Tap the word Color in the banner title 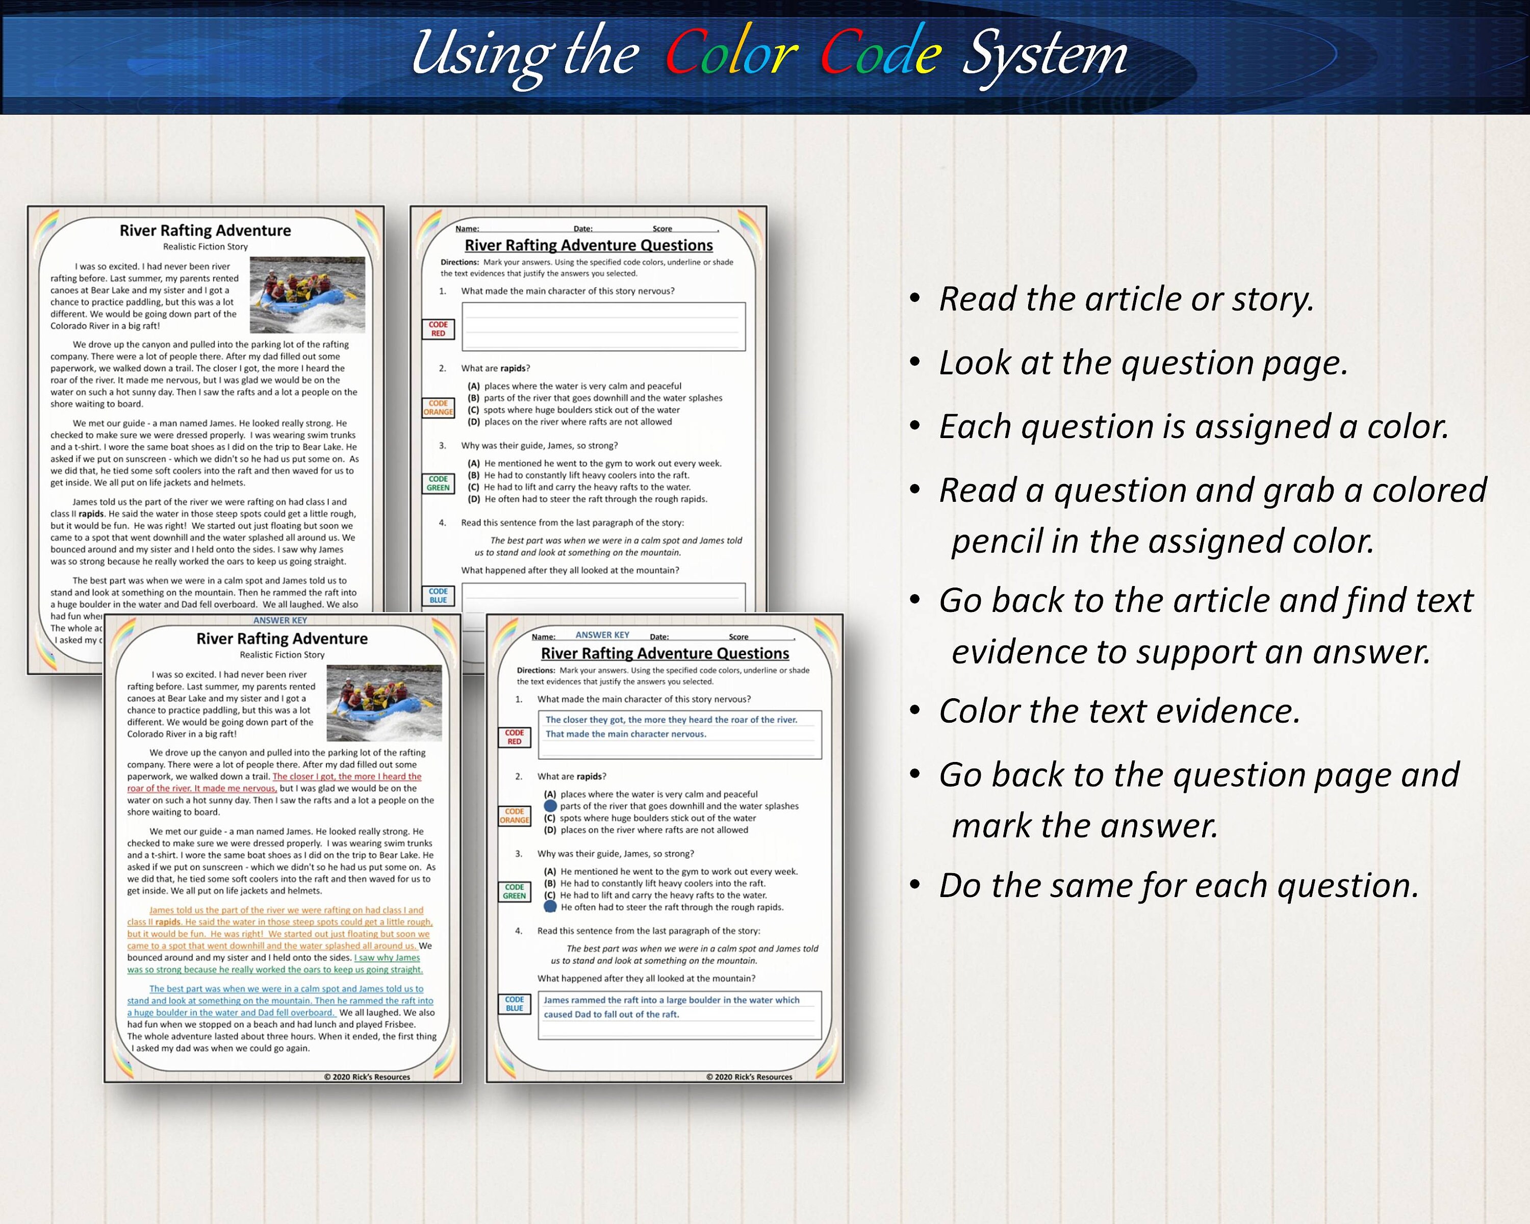tap(731, 54)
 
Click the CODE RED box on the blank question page tap(438, 328)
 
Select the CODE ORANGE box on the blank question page tap(438, 407)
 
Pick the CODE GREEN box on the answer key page tap(515, 891)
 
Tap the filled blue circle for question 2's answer tap(550, 806)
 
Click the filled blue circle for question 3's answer tap(550, 907)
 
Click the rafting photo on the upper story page tap(308, 294)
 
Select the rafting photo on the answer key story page tap(384, 702)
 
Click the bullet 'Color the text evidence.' tap(1119, 711)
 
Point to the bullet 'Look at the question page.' tap(1142, 363)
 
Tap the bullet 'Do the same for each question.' tap(1178, 885)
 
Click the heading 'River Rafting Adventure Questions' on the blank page tap(589, 245)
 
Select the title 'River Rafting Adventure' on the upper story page tap(205, 231)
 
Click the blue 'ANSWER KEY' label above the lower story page tap(280, 620)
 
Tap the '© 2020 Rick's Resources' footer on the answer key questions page tap(749, 1077)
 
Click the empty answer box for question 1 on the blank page tap(603, 326)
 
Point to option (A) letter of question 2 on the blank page tap(473, 386)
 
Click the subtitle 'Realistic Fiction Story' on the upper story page tap(205, 247)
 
